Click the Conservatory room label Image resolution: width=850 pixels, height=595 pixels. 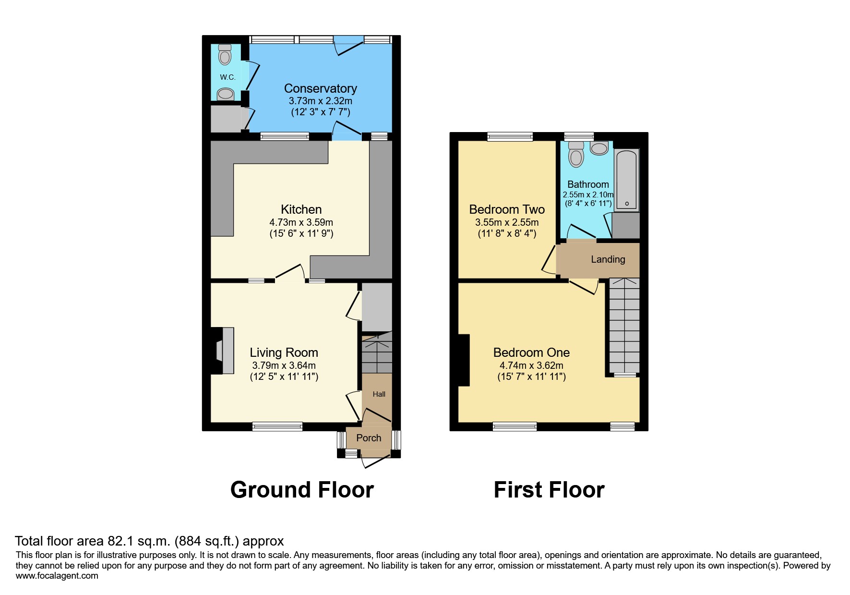coord(320,88)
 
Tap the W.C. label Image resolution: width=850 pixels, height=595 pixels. coord(227,77)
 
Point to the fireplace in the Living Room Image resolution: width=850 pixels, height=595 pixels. coord(223,351)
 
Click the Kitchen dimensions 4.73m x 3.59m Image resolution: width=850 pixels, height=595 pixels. coord(301,222)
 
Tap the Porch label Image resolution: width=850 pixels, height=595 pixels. coord(369,438)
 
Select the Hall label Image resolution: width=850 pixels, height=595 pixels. coord(379,394)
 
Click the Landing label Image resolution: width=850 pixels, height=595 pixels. coord(608,259)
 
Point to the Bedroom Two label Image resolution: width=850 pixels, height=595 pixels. coord(506,209)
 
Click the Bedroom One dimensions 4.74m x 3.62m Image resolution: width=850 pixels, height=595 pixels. coord(531,365)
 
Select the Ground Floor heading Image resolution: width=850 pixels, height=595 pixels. coord(302,490)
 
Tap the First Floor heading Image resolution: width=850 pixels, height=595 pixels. coord(549,490)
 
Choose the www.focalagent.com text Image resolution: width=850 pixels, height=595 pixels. coord(57,576)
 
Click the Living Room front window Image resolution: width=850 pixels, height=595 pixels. coord(277,426)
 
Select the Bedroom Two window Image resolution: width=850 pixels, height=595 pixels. coord(510,137)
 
